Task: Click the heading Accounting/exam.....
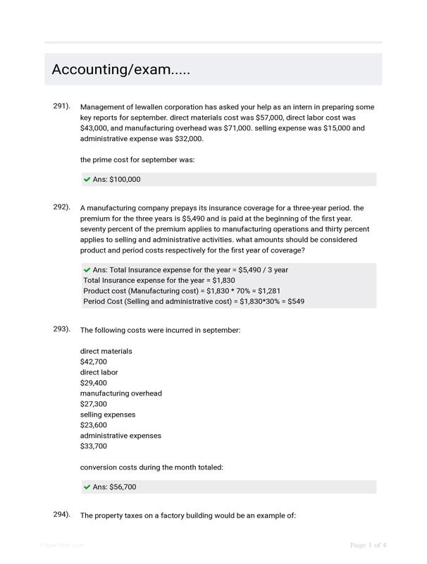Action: coord(120,70)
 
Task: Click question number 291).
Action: coord(61,106)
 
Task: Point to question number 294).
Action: coord(61,514)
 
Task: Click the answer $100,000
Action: coord(125,180)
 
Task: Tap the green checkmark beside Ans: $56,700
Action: coord(87,487)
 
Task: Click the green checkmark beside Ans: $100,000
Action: coord(87,180)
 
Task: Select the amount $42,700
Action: coord(94,362)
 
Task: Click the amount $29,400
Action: coord(94,383)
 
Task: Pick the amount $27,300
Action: coord(94,404)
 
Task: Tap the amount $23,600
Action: coord(94,425)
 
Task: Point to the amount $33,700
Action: coord(94,446)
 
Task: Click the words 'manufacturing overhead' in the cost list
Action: coord(120,393)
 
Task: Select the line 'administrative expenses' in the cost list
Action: coord(120,436)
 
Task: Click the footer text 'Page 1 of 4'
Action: coord(368,545)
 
